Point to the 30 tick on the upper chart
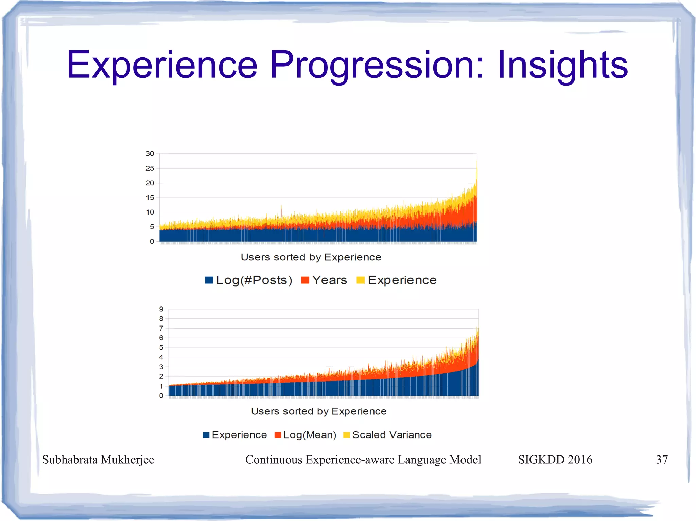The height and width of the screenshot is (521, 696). coord(150,154)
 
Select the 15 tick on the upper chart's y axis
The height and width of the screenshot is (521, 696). coord(150,198)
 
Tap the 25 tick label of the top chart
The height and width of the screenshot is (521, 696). coord(150,168)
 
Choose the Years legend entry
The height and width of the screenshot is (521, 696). coord(325,280)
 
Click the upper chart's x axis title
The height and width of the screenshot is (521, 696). coord(311,257)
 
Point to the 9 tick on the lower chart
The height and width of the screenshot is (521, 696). coord(161,309)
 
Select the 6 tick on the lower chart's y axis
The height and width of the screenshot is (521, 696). coord(161,338)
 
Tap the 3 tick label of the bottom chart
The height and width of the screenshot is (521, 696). coord(161,367)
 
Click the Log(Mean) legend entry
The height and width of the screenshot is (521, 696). coord(306,435)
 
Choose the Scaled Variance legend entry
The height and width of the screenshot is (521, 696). coord(388,435)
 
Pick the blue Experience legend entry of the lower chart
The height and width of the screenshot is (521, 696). coord(235,435)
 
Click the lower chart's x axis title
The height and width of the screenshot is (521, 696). coord(319,411)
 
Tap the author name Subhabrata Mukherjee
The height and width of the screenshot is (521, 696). coord(98,460)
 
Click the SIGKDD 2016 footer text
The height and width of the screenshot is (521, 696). coord(555,460)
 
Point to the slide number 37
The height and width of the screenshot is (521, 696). coord(662,460)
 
